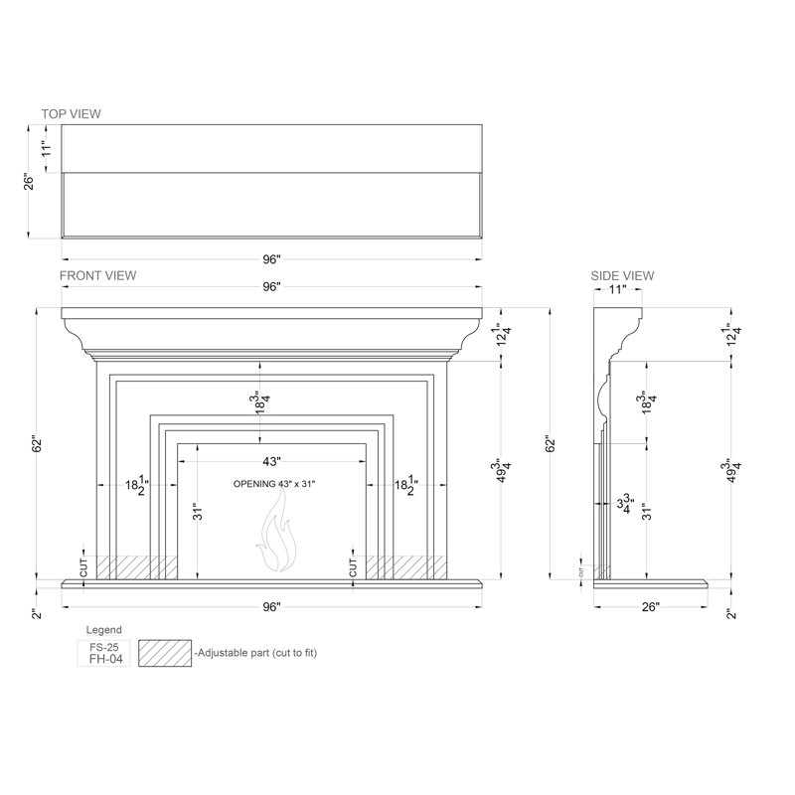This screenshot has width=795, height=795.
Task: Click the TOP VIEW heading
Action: coord(71,113)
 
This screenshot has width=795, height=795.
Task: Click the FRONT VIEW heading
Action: coord(97,275)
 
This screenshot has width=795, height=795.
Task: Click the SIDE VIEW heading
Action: coord(622,276)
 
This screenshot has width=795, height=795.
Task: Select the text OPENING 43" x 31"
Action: coord(274,484)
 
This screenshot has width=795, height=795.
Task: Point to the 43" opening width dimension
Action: coord(271,461)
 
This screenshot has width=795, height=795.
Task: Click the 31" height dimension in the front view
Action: coord(198,511)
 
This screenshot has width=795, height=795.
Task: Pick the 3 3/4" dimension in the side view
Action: coord(625,504)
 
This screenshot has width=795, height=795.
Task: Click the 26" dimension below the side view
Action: coord(651,607)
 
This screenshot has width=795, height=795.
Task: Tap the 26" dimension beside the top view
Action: coord(30,182)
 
